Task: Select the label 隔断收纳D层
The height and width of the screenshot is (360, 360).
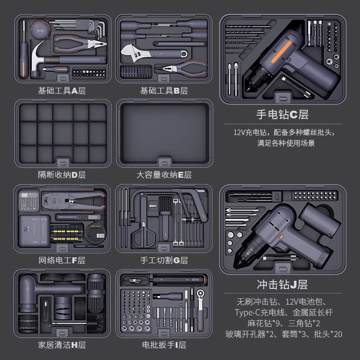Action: coord(62,175)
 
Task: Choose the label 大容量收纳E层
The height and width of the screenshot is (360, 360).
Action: coord(164,175)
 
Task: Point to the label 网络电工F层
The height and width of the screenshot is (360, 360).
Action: coord(62,260)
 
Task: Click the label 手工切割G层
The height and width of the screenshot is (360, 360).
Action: coord(164,260)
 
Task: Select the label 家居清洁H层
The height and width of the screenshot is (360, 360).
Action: coord(62,345)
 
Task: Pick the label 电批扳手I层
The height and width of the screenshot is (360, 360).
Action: coord(164,345)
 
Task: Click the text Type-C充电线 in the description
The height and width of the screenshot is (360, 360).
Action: coord(256,312)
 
